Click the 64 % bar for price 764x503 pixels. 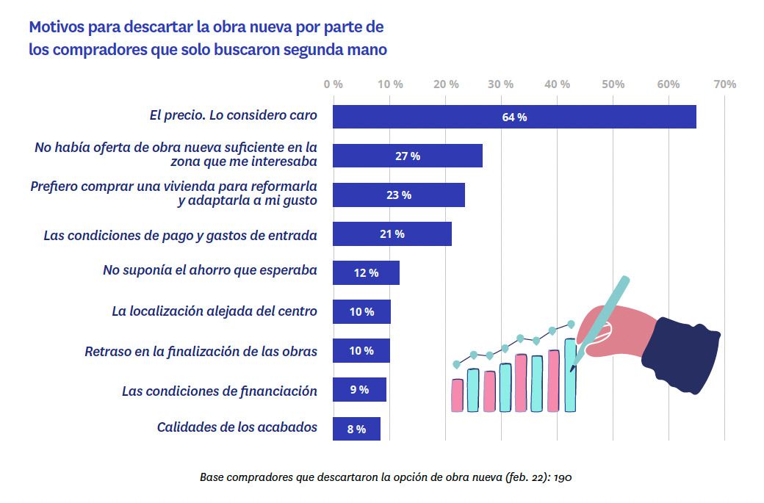514,117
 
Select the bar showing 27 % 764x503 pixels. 408,156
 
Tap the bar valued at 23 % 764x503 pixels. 399,195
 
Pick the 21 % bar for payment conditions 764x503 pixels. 392,234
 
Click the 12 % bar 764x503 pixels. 366,272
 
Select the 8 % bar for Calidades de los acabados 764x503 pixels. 356,429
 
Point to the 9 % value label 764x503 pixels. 359,390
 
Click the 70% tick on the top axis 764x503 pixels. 724,84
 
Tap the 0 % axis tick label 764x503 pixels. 333,84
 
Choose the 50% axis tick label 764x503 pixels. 613,84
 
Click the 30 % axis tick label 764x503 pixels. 501,84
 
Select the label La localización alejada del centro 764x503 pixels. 215,311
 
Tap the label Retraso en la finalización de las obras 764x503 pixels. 201,351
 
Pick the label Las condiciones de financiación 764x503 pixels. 220,391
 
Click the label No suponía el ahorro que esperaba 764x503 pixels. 210,270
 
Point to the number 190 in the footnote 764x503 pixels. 563,477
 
